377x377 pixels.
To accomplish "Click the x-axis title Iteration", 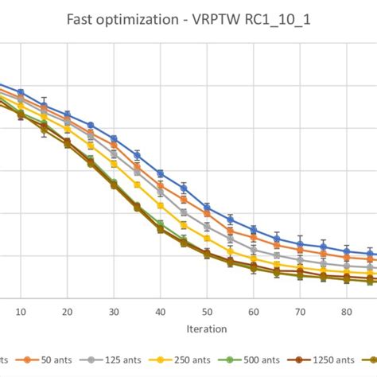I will pos(207,328).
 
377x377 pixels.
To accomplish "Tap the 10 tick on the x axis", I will pos(21,313).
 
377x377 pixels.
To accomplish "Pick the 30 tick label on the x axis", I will pos(114,313).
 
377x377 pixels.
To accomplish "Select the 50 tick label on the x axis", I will pos(207,313).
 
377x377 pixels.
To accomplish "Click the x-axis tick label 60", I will pos(254,313).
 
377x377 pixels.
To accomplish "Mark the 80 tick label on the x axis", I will pos(347,313).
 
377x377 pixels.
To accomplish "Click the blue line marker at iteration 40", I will pos(161,173).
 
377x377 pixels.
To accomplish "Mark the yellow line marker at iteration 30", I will pos(114,165).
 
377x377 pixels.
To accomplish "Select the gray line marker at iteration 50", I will pos(207,226).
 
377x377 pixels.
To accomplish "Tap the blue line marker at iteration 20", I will pos(68,115).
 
